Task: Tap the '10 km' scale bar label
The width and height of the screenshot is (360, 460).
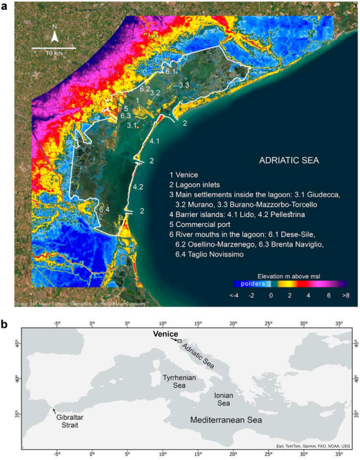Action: [54, 52]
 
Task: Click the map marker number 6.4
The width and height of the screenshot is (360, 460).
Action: [104, 210]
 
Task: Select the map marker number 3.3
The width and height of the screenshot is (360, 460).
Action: [183, 85]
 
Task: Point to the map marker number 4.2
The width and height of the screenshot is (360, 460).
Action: [138, 186]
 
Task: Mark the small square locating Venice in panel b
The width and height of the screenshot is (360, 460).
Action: [179, 342]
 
